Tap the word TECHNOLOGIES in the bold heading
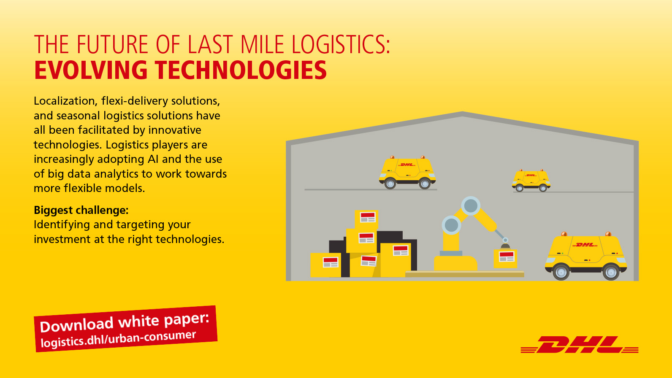(x=241, y=70)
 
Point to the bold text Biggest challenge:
(x=81, y=210)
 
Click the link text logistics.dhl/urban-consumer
(x=118, y=339)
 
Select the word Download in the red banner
(x=76, y=324)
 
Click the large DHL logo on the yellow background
(x=579, y=345)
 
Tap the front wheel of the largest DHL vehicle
(x=561, y=272)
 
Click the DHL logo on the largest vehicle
(x=585, y=245)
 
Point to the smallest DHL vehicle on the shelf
(x=531, y=180)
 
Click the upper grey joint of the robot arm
(x=471, y=205)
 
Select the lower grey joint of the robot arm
(x=451, y=225)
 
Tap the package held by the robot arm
(x=505, y=258)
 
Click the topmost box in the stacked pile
(x=366, y=219)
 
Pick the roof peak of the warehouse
(x=462, y=113)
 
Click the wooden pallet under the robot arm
(x=464, y=274)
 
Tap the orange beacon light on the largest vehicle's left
(x=564, y=234)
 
